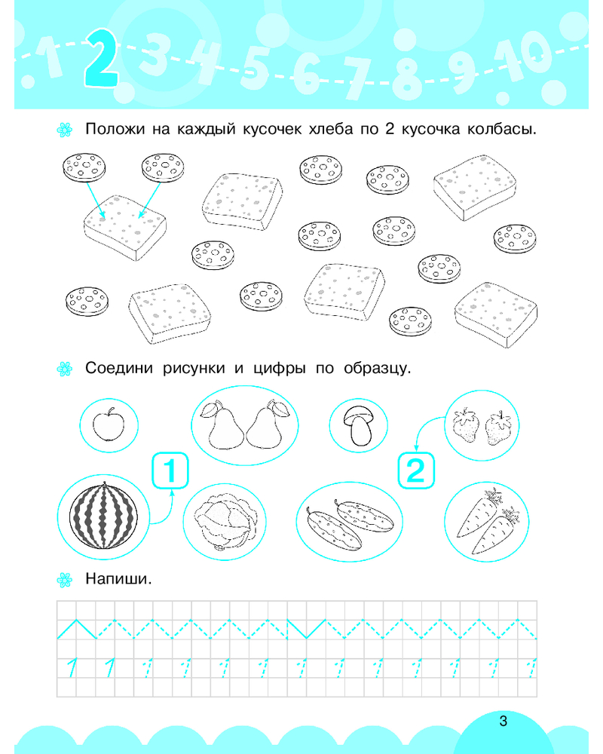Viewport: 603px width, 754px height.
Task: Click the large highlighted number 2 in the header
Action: click(102, 58)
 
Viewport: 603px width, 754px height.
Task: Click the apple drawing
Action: click(109, 424)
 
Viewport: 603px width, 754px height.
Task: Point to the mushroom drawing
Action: click(359, 425)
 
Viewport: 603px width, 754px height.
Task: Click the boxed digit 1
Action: click(170, 470)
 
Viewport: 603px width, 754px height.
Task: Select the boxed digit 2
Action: click(416, 470)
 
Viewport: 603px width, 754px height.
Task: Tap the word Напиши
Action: click(118, 578)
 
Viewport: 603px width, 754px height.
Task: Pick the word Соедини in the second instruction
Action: click(119, 369)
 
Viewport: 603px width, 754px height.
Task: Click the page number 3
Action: click(504, 721)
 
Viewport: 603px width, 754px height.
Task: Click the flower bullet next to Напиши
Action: click(64, 580)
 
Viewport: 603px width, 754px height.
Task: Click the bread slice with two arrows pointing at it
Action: click(125, 227)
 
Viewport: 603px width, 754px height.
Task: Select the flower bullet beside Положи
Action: click(64, 130)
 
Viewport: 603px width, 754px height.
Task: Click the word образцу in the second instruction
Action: click(378, 369)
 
